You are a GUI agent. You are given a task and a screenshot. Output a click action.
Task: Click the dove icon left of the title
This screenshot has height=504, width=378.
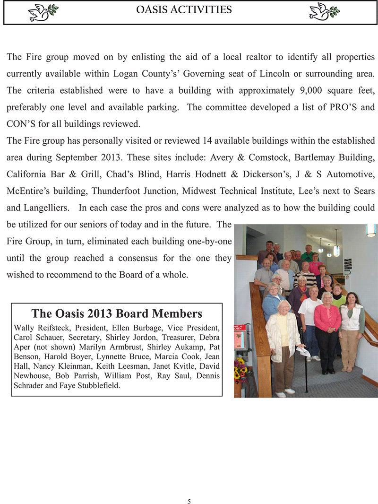point(42,12)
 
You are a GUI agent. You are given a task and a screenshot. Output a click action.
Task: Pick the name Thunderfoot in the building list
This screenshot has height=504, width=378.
point(114,191)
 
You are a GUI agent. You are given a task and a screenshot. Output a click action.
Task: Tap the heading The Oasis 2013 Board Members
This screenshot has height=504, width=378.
point(117,313)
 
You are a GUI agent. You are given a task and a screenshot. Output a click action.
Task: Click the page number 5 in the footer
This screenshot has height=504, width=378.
point(189,502)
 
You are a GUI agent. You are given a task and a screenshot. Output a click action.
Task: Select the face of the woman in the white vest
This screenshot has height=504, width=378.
point(351,298)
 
